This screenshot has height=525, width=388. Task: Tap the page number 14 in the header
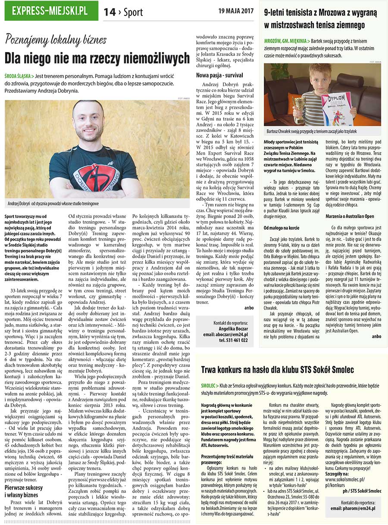pos(110,12)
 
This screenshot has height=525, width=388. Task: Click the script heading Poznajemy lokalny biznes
pos(56,40)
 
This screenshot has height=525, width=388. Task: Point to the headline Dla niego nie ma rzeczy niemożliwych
pos(97,58)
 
